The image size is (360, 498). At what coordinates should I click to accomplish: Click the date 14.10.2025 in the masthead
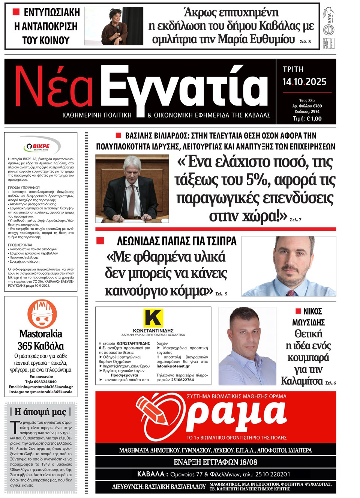click(x=304, y=82)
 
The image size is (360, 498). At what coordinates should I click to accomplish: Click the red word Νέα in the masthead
click(x=54, y=87)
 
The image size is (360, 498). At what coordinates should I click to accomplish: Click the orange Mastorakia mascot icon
click(x=42, y=314)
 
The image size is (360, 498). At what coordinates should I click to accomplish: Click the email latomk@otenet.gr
click(x=173, y=366)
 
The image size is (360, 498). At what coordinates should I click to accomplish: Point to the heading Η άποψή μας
click(x=40, y=412)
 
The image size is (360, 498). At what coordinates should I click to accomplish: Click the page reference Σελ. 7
click(x=295, y=220)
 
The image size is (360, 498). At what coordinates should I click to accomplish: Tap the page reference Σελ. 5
click(x=221, y=294)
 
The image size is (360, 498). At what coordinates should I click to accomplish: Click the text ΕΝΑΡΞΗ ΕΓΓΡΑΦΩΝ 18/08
click(x=215, y=462)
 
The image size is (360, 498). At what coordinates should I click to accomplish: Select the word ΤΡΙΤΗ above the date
click(x=293, y=69)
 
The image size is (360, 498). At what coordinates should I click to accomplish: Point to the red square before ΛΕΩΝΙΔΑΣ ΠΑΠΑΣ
click(x=100, y=241)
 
